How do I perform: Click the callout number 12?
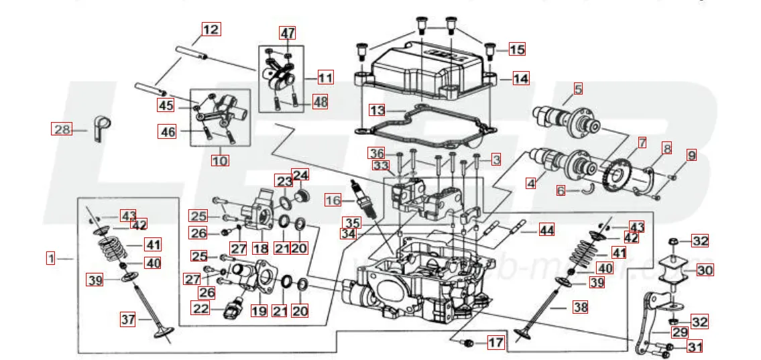click(x=211, y=29)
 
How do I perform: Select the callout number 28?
click(x=62, y=129)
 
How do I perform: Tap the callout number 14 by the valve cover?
click(x=520, y=78)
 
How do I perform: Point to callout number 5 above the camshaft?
click(x=577, y=88)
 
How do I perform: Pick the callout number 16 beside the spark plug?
click(x=333, y=200)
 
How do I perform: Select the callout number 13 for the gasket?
click(x=378, y=109)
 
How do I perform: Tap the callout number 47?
click(x=288, y=34)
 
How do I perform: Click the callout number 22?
click(x=200, y=308)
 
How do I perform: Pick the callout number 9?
click(x=691, y=156)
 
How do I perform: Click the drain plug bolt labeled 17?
click(x=469, y=343)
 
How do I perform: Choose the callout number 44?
click(x=547, y=231)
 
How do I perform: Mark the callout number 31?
click(x=695, y=347)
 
